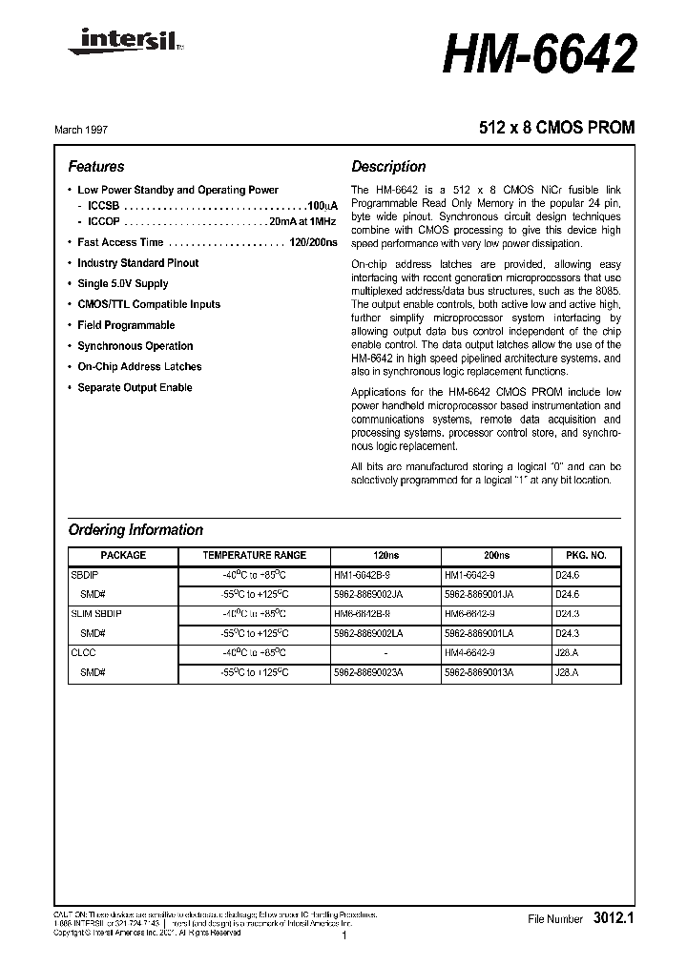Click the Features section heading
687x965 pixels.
pos(96,166)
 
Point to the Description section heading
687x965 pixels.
pos(388,166)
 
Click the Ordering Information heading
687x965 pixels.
pos(135,530)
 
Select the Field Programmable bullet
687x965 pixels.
pos(125,325)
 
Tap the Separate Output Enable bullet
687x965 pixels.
pos(134,387)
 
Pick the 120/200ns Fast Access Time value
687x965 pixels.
pos(313,242)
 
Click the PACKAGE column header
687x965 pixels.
pos(123,555)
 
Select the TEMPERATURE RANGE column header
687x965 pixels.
pos(254,555)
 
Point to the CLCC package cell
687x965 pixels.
pos(84,652)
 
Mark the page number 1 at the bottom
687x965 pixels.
pos(343,938)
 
